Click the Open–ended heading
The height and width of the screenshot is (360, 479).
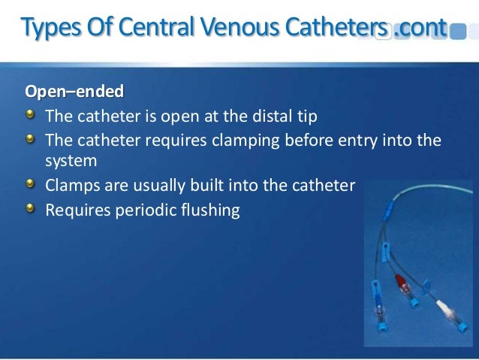[74, 92]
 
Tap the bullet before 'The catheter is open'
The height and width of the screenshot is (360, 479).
[31, 115]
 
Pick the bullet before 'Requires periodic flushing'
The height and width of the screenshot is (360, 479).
[31, 208]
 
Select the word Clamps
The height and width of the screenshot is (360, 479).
[71, 186]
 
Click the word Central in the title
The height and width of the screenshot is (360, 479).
[144, 29]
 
